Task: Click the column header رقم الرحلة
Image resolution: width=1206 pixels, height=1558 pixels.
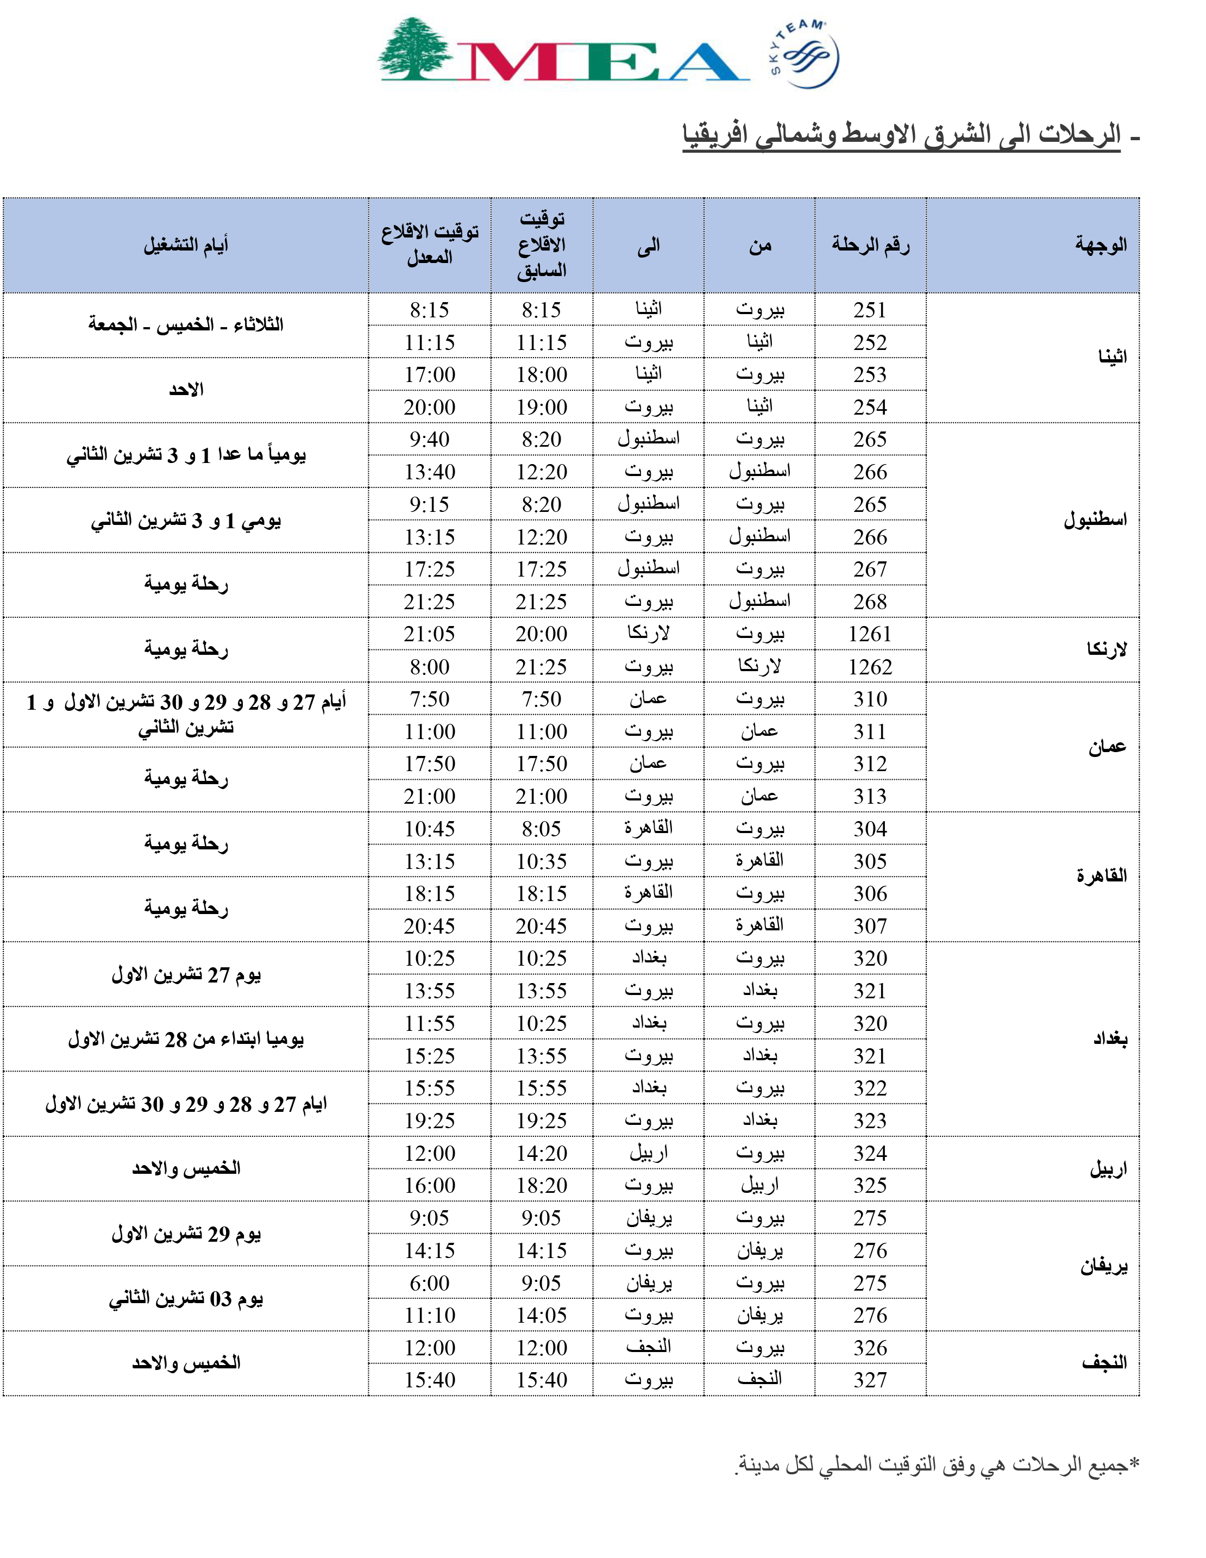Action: click(x=870, y=246)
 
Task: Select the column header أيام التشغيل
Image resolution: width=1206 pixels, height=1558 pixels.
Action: click(x=186, y=246)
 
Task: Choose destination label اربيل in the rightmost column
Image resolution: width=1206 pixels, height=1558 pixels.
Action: click(x=1107, y=1169)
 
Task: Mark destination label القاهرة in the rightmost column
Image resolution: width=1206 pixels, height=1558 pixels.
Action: click(x=1101, y=876)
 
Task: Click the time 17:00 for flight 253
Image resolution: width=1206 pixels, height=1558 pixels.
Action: click(x=429, y=374)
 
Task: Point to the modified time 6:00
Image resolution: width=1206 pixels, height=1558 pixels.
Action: click(x=429, y=1282)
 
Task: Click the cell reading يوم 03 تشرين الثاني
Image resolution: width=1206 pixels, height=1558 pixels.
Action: click(x=186, y=1299)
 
